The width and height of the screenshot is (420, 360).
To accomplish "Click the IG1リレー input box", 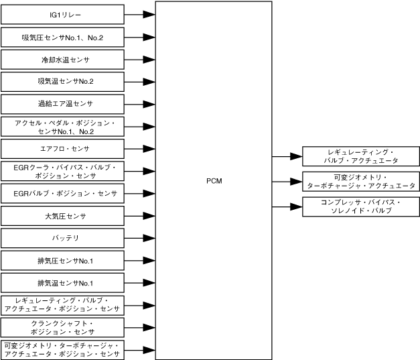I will [x=62, y=14].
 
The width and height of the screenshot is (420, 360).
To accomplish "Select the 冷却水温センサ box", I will [x=62, y=60].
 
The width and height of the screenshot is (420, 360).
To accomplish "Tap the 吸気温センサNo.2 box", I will [x=62, y=82].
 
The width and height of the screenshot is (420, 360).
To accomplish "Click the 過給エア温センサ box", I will [x=62, y=104].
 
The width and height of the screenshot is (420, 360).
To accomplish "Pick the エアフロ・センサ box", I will [x=62, y=148].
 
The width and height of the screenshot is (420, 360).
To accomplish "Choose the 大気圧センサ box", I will [x=62, y=216].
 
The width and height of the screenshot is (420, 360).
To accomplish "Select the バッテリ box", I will [x=62, y=238].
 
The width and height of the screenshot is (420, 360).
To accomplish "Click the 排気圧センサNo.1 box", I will [x=62, y=260].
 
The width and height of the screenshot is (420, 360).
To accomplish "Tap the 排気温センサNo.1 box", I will [x=62, y=282].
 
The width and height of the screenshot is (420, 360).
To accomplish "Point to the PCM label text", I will [x=214, y=181].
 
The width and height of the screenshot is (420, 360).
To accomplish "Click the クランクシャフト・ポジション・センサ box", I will [x=62, y=327].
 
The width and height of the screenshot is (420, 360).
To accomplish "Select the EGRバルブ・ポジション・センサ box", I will [x=62, y=194].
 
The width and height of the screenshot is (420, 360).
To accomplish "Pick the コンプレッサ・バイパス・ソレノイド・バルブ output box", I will [x=361, y=206].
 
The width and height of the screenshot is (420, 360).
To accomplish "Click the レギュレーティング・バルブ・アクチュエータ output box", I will [x=361, y=156].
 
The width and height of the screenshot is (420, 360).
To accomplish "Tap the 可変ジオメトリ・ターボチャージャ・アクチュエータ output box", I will [x=361, y=181].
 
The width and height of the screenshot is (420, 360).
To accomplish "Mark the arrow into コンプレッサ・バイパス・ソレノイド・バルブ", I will [x=287, y=206].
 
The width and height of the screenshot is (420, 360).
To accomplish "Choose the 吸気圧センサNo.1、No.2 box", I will [x=62, y=37].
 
